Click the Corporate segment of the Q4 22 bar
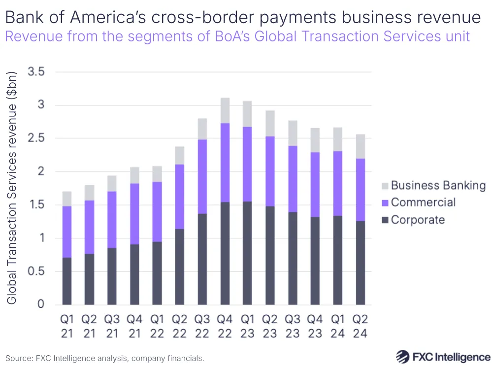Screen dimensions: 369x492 coord(225,253)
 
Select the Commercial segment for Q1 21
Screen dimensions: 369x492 coord(67,232)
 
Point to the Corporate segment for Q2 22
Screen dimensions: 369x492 coord(180,267)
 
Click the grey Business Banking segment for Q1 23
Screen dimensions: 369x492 coord(248,114)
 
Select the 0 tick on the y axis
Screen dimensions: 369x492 coord(40,304)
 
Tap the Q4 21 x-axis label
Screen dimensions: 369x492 coord(134,326)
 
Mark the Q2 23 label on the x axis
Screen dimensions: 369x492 coord(270,326)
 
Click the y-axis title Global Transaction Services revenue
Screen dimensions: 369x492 coord(13,187)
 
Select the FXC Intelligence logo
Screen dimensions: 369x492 coord(443,357)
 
